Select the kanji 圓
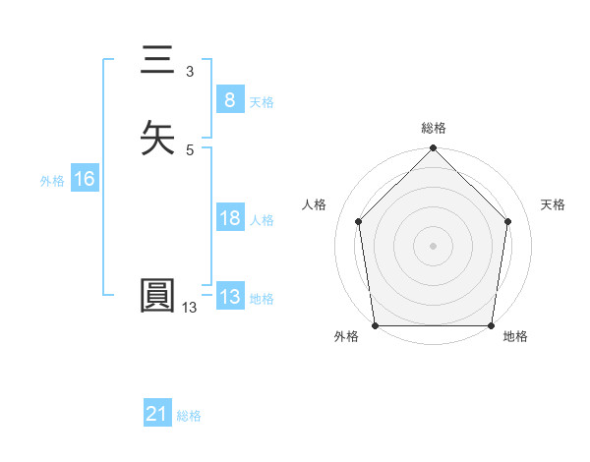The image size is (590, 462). pyautogui.click(x=156, y=296)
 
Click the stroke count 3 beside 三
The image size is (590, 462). pyautogui.click(x=189, y=72)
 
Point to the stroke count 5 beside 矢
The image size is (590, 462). pyautogui.click(x=189, y=149)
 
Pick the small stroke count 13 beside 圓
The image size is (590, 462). pyautogui.click(x=189, y=308)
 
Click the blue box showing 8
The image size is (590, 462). pyautogui.click(x=229, y=99)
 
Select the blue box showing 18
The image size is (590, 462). pyautogui.click(x=229, y=218)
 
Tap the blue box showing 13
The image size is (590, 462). pyautogui.click(x=229, y=297)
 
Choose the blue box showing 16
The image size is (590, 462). pyautogui.click(x=84, y=179)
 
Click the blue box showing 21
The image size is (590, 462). pyautogui.click(x=156, y=415)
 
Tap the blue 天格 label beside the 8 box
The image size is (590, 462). pyautogui.click(x=262, y=102)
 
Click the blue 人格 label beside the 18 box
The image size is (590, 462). pyautogui.click(x=262, y=220)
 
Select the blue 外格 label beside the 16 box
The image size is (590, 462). pyautogui.click(x=52, y=181)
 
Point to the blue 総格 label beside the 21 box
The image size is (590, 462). pyautogui.click(x=189, y=417)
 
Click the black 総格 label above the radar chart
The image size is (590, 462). pyautogui.click(x=434, y=128)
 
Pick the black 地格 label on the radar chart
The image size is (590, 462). pyautogui.click(x=515, y=337)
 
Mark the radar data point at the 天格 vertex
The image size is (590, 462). pyautogui.click(x=508, y=221)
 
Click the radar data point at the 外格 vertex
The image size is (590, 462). pyautogui.click(x=375, y=325)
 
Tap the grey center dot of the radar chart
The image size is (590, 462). pyautogui.click(x=434, y=246)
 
